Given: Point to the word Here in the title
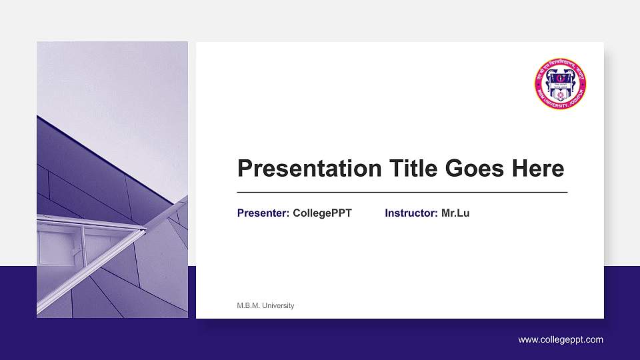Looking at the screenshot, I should [538, 169].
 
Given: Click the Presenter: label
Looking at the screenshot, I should [263, 213].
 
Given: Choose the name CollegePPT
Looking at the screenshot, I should [322, 213].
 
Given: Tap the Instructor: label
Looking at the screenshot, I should [411, 213].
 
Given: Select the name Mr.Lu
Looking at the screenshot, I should [455, 213].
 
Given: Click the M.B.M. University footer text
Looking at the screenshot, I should [265, 305].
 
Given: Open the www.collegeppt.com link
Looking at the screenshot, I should [561, 340].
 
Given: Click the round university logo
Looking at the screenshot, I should [560, 85].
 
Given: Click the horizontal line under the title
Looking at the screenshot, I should [402, 192].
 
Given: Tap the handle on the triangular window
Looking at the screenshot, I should [77, 251].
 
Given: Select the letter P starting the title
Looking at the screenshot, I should [245, 169].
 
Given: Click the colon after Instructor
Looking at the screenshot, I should [436, 214].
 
